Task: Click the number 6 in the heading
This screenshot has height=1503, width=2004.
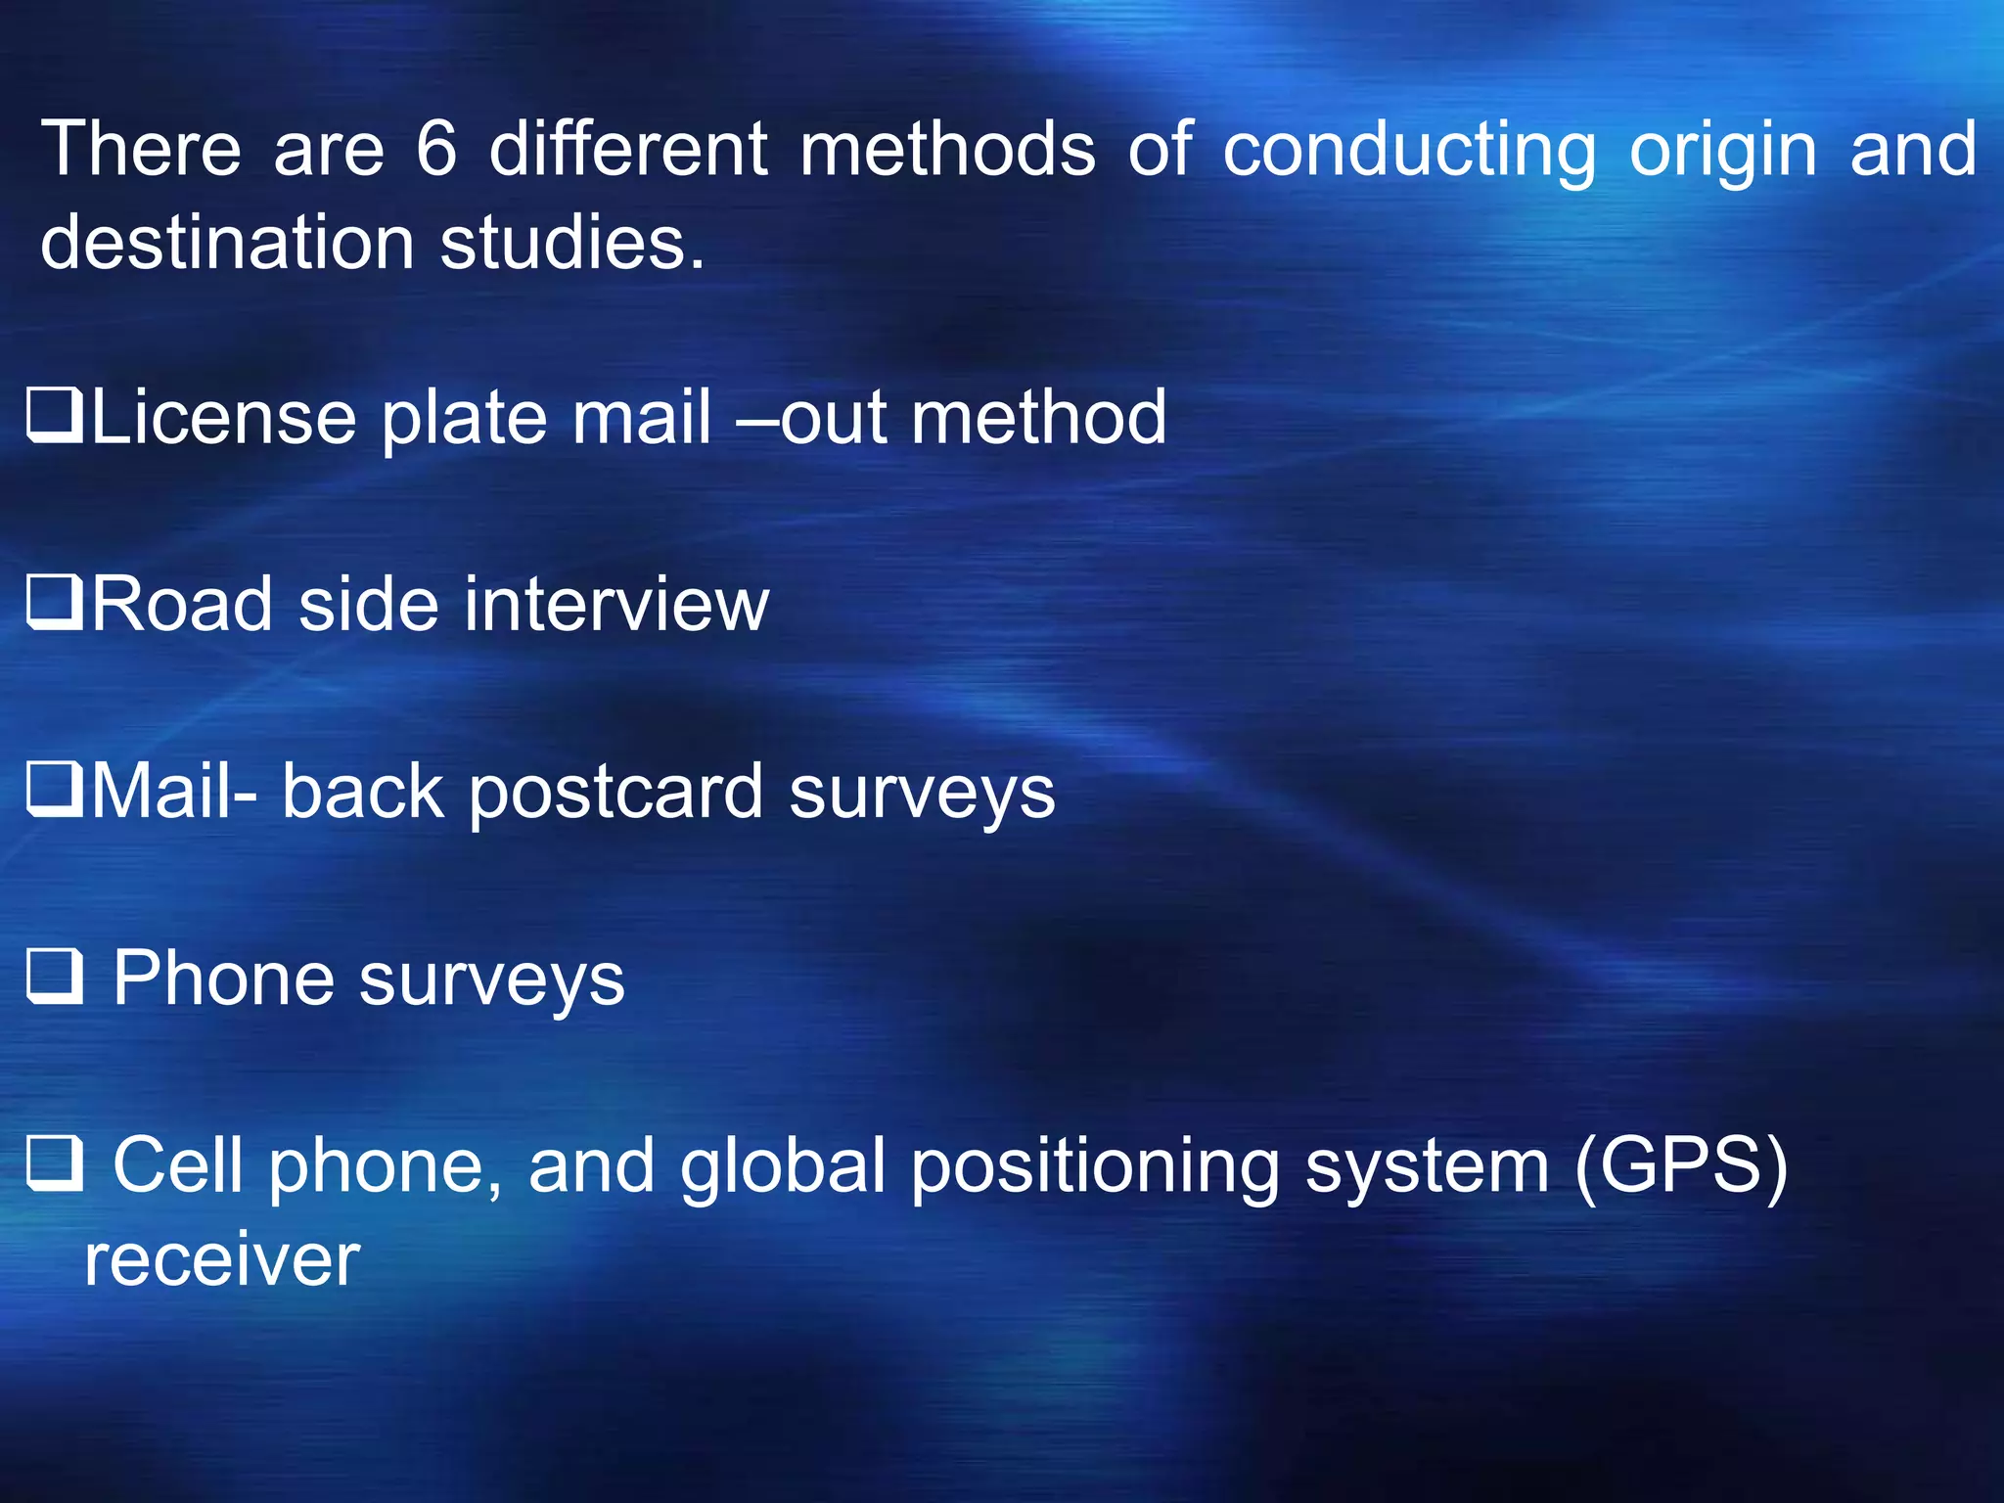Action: click(x=436, y=149)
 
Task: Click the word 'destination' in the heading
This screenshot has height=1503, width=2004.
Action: click(x=227, y=243)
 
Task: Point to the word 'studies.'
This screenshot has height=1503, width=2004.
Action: click(x=572, y=243)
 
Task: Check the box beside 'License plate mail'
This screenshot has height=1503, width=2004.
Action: click(x=54, y=417)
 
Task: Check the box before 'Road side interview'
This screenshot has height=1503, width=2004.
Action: click(x=54, y=603)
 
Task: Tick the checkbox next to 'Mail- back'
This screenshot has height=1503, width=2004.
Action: click(x=54, y=791)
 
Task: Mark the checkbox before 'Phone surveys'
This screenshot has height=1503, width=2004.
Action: click(x=54, y=978)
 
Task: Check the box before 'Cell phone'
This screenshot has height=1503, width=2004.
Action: click(x=54, y=1164)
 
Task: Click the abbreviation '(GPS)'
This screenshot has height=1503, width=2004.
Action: click(x=1681, y=1165)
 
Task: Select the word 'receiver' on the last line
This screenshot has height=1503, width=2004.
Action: click(x=222, y=1260)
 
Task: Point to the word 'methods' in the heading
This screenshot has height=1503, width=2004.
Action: click(x=947, y=149)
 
